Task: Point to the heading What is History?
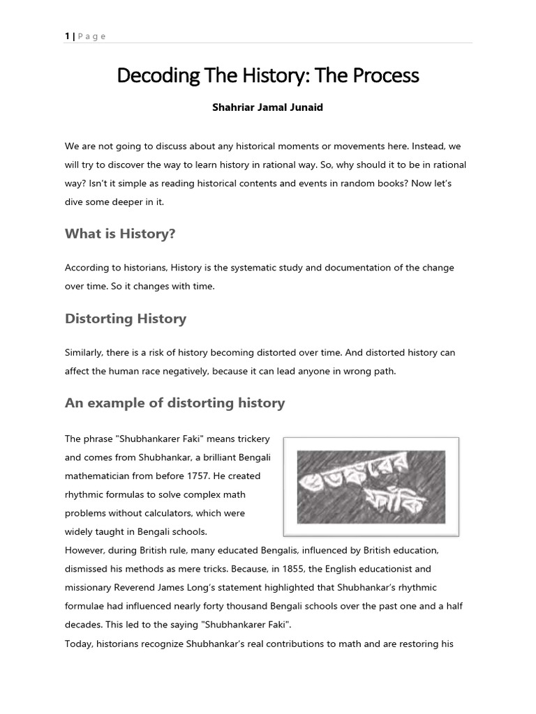coord(120,234)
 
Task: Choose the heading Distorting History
coord(126,319)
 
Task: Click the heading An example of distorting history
coord(175,403)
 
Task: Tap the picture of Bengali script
coord(371,486)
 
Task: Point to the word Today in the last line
coord(79,644)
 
